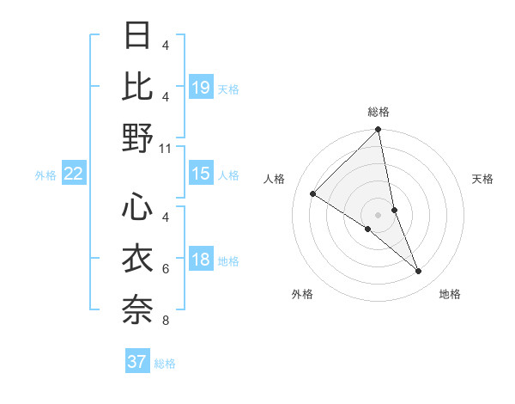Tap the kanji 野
coord(137,138)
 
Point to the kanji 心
coord(137,206)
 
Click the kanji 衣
coord(137,258)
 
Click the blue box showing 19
coord(201,87)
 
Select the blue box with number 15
coord(201,174)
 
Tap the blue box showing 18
coord(201,260)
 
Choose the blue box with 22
coord(74,174)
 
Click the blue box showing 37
coord(137,362)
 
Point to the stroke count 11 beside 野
coord(166,149)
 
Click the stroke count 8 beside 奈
coord(166,321)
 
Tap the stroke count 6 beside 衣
coord(166,269)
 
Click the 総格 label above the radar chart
coord(379,112)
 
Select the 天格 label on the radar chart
coord(482,179)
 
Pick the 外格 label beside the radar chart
coord(302,294)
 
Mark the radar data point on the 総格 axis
coord(379,131)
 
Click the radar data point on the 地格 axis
coord(419,272)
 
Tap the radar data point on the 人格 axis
coord(313,193)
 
